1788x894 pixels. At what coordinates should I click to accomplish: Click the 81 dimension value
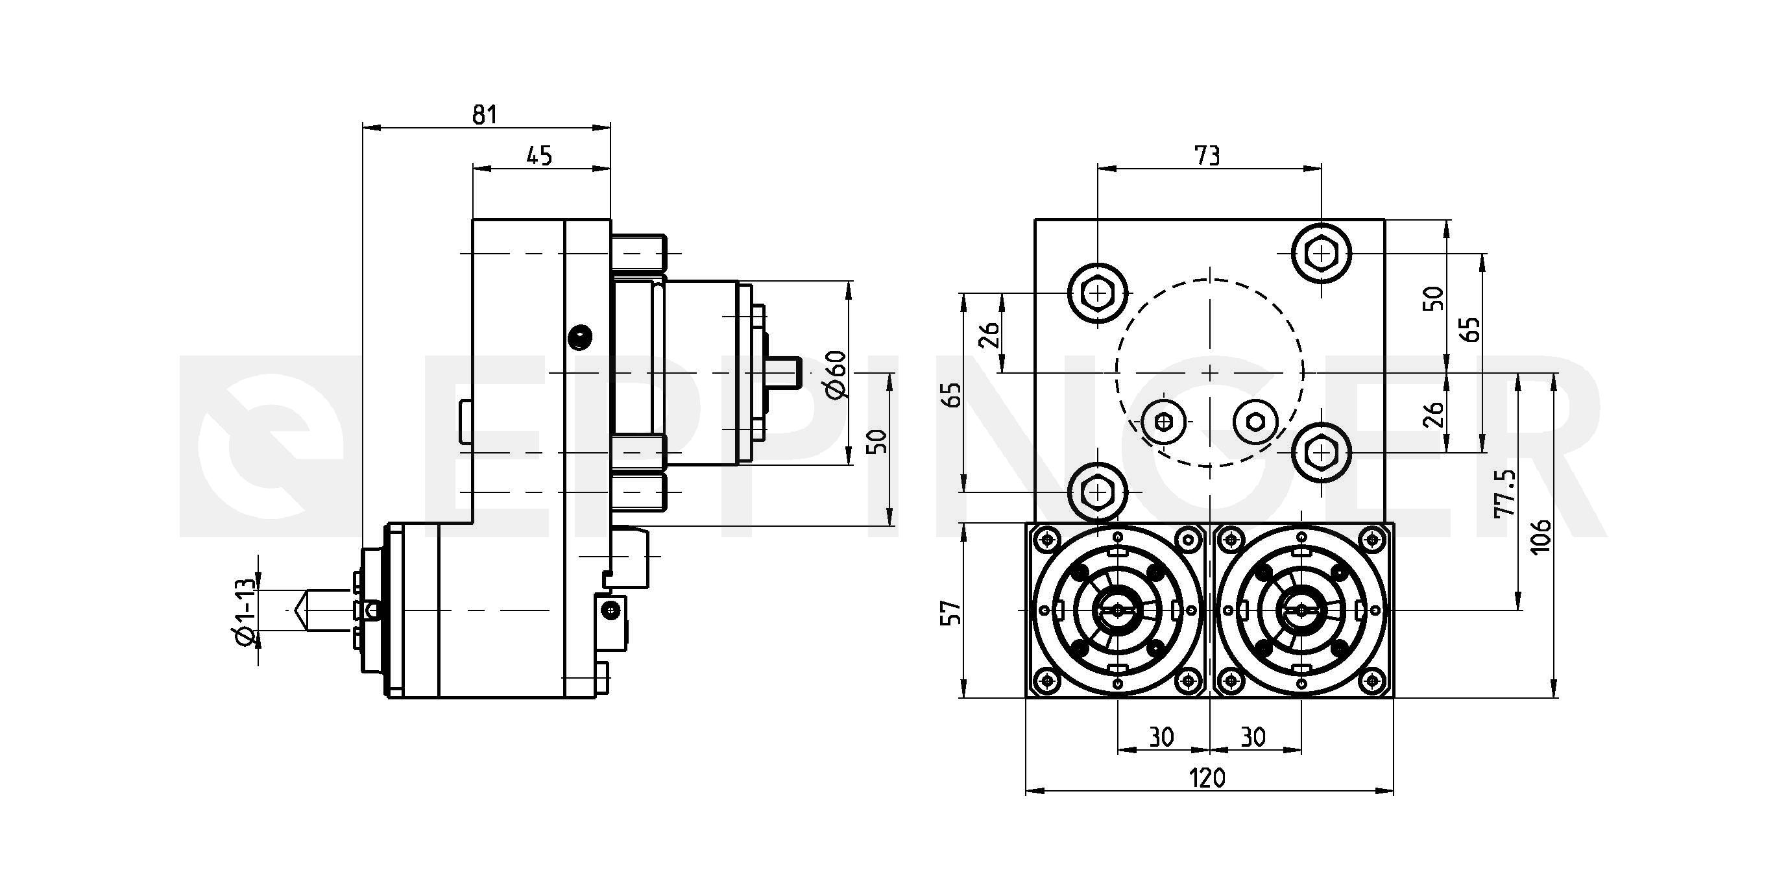[485, 115]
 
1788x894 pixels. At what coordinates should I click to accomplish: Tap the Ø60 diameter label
[838, 374]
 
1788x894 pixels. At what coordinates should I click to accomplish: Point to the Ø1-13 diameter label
[246, 610]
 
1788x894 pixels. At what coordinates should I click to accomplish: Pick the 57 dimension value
[952, 610]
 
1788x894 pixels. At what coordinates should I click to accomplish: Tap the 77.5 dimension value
[1504, 494]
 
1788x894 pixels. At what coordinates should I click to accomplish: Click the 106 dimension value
[1540, 535]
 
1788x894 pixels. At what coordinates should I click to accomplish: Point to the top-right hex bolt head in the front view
[1322, 254]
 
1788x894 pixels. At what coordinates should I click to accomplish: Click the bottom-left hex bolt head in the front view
[1097, 492]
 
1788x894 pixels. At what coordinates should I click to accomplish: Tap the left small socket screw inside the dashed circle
[1163, 421]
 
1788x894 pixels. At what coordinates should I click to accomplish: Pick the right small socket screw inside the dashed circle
[1255, 421]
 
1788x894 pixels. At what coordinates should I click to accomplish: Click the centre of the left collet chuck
[1117, 610]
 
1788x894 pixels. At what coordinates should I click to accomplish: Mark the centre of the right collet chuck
[1301, 610]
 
